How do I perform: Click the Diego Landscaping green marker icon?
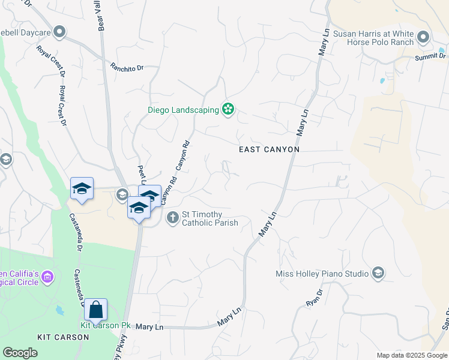228,109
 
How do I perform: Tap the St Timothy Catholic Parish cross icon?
172,217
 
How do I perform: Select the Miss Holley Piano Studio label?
322,274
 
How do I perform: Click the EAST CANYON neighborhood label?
269,149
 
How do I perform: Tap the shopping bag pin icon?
95,310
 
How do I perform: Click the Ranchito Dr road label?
127,67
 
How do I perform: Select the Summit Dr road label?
431,57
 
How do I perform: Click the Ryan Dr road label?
315,298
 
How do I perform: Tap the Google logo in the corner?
20,353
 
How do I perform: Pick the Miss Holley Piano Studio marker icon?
378,274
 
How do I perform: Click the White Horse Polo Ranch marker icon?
423,37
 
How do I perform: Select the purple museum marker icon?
48,278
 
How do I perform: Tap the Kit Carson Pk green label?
106,326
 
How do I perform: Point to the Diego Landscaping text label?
184,110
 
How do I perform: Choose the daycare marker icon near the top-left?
59,32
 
